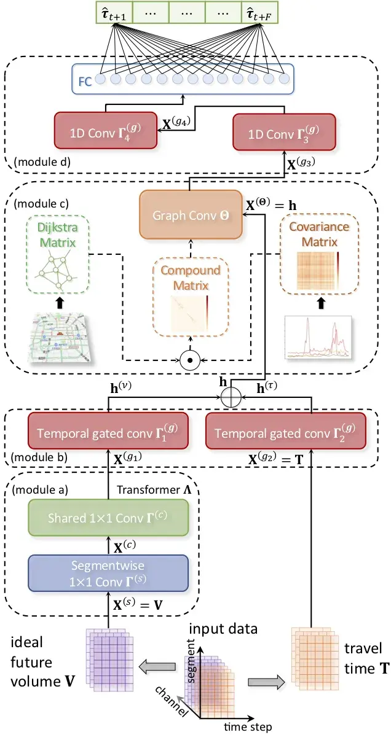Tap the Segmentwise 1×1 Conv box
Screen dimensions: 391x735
point(108,573)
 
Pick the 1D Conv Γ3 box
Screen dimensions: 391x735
point(284,130)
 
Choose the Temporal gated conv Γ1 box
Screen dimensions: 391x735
point(108,430)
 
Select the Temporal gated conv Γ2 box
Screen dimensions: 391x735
point(286,430)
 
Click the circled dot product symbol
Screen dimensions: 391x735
point(190,360)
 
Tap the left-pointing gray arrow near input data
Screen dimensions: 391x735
point(157,663)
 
